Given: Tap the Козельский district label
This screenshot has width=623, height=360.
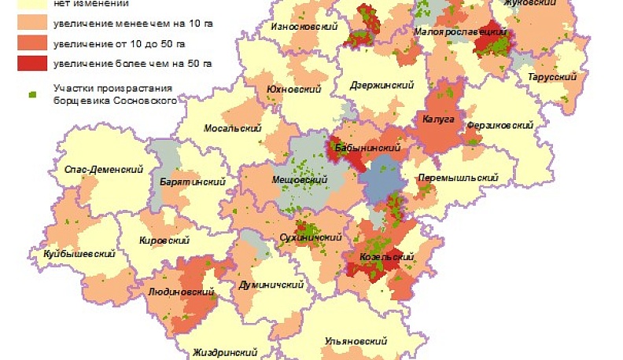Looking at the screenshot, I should pos(386,257).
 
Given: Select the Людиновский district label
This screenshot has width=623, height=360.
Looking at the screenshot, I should pos(182,292).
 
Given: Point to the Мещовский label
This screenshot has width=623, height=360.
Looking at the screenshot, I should pos(299,180).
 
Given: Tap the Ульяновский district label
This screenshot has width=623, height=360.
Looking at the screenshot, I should pos(356,341).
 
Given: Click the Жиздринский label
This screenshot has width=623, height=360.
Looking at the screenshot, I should pos(226,353).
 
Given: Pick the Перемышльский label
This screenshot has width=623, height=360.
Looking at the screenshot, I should pos(458,178).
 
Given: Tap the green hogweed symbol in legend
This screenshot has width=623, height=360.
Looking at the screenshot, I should pos(32,94).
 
